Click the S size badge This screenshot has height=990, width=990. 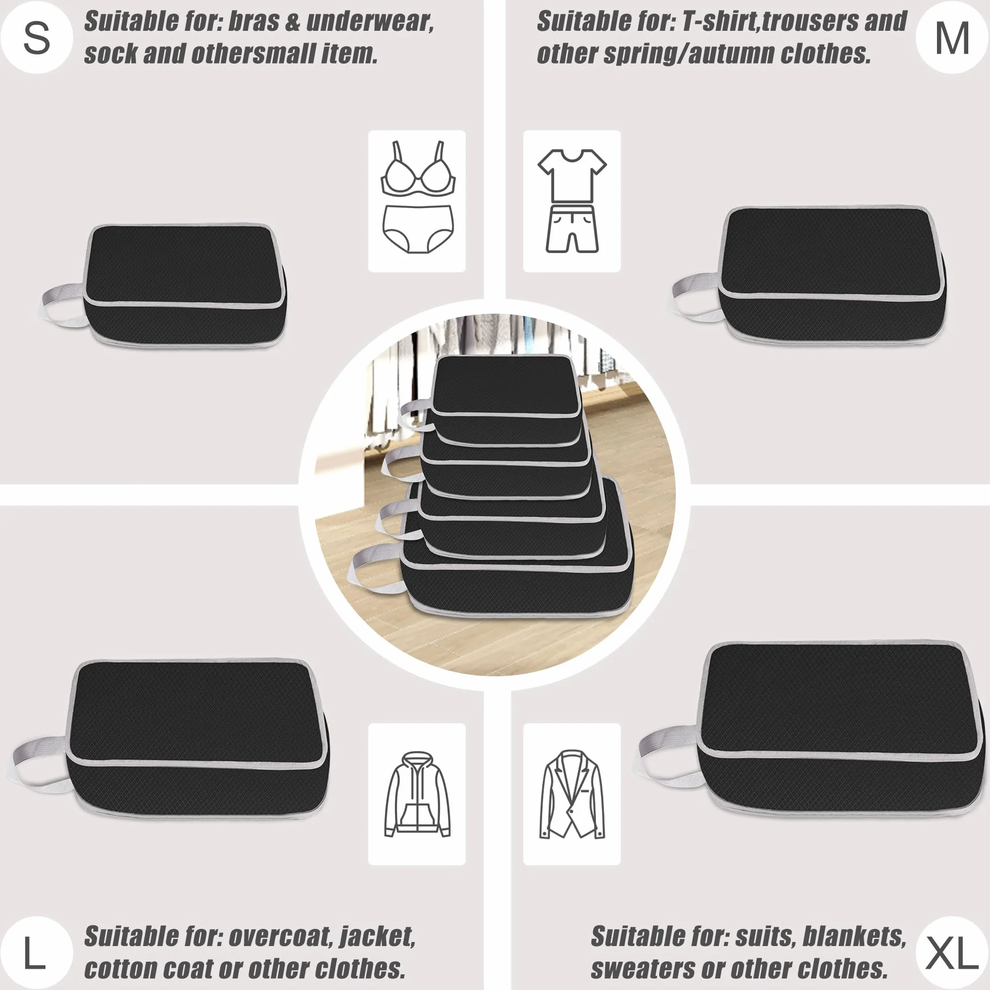click(x=36, y=38)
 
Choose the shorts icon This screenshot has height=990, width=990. click(x=572, y=229)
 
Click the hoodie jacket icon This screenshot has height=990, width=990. click(x=417, y=794)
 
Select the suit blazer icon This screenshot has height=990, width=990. click(x=572, y=794)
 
